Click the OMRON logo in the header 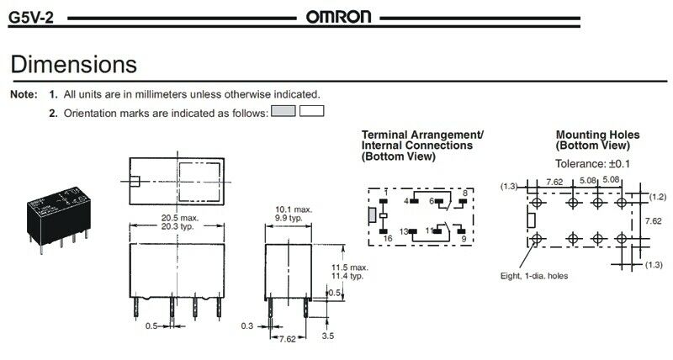point(338,17)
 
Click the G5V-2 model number point(31,18)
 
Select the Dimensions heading point(74,65)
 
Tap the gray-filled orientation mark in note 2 point(284,111)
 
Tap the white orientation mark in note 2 point(311,111)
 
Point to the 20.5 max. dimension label point(180,218)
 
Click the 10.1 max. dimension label point(294,209)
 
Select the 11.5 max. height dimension point(349,267)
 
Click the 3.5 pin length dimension point(327,336)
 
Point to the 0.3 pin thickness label point(246,326)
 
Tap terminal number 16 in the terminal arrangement point(388,239)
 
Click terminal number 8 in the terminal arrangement point(464,193)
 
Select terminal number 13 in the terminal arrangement point(404,231)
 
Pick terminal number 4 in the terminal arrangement point(406,201)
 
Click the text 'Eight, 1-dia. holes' point(534,276)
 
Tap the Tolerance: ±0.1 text point(592,163)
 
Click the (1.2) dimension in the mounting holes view point(657,197)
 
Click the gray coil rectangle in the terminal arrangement point(372,215)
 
